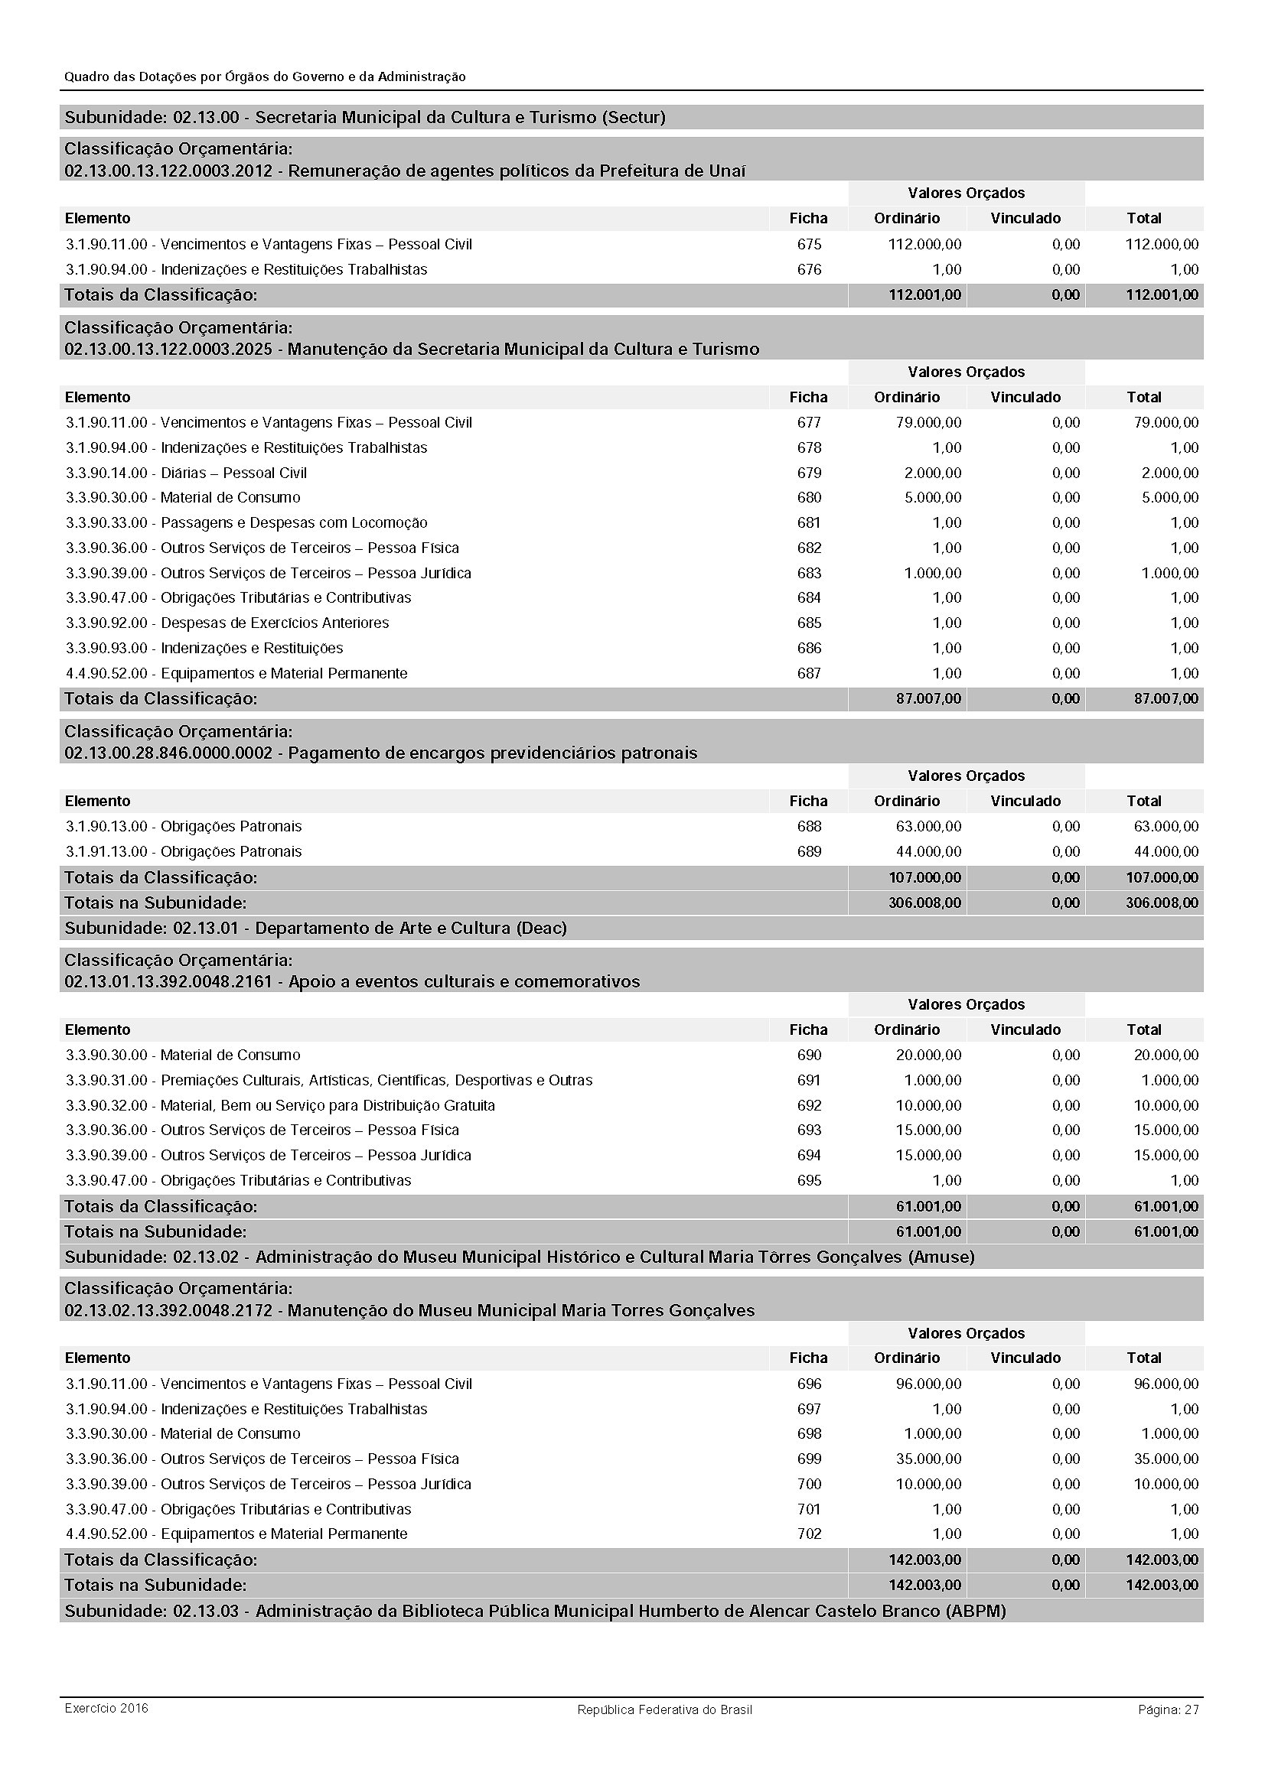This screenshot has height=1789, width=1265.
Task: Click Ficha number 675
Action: coord(808,245)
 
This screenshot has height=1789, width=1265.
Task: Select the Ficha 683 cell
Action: coord(808,574)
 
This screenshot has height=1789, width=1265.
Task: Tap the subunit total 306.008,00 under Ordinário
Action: coord(924,903)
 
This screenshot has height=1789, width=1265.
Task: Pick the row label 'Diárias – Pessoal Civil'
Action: coord(233,473)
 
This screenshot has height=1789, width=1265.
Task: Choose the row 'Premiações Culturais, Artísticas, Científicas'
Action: coord(376,1081)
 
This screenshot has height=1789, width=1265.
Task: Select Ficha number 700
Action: coord(808,1485)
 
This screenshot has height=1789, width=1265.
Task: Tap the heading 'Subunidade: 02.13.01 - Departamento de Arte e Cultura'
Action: coord(315,928)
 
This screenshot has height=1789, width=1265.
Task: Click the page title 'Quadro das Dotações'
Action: coord(265,77)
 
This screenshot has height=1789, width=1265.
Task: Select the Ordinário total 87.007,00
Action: coord(928,699)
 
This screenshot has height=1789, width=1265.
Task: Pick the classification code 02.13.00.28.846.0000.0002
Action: coord(168,753)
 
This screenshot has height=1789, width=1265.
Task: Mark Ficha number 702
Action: coord(808,1534)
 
